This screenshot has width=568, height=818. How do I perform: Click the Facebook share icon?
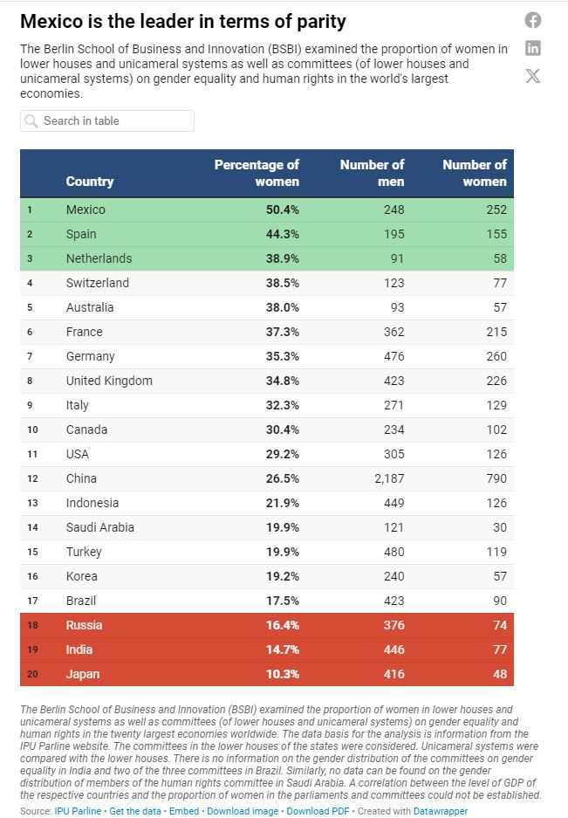[x=533, y=20]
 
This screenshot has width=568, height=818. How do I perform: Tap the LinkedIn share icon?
[x=533, y=48]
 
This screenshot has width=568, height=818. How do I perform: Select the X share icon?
[x=533, y=76]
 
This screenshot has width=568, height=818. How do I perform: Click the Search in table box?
[x=107, y=120]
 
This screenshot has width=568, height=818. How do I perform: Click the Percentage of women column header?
[x=257, y=173]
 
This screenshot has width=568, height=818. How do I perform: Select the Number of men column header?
[x=372, y=173]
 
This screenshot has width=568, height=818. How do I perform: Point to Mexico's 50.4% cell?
[x=283, y=210]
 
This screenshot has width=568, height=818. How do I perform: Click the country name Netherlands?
[x=99, y=258]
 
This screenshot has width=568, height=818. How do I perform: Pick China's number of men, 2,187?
[x=386, y=478]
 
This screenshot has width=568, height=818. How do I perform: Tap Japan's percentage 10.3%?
[x=283, y=674]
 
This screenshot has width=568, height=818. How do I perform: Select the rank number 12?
[x=32, y=478]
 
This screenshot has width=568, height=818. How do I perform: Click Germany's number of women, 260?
[x=496, y=356]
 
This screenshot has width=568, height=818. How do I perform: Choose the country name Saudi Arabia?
[x=99, y=527]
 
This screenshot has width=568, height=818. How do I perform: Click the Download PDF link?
[x=317, y=811]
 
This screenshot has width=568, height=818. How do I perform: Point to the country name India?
[x=79, y=650]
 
